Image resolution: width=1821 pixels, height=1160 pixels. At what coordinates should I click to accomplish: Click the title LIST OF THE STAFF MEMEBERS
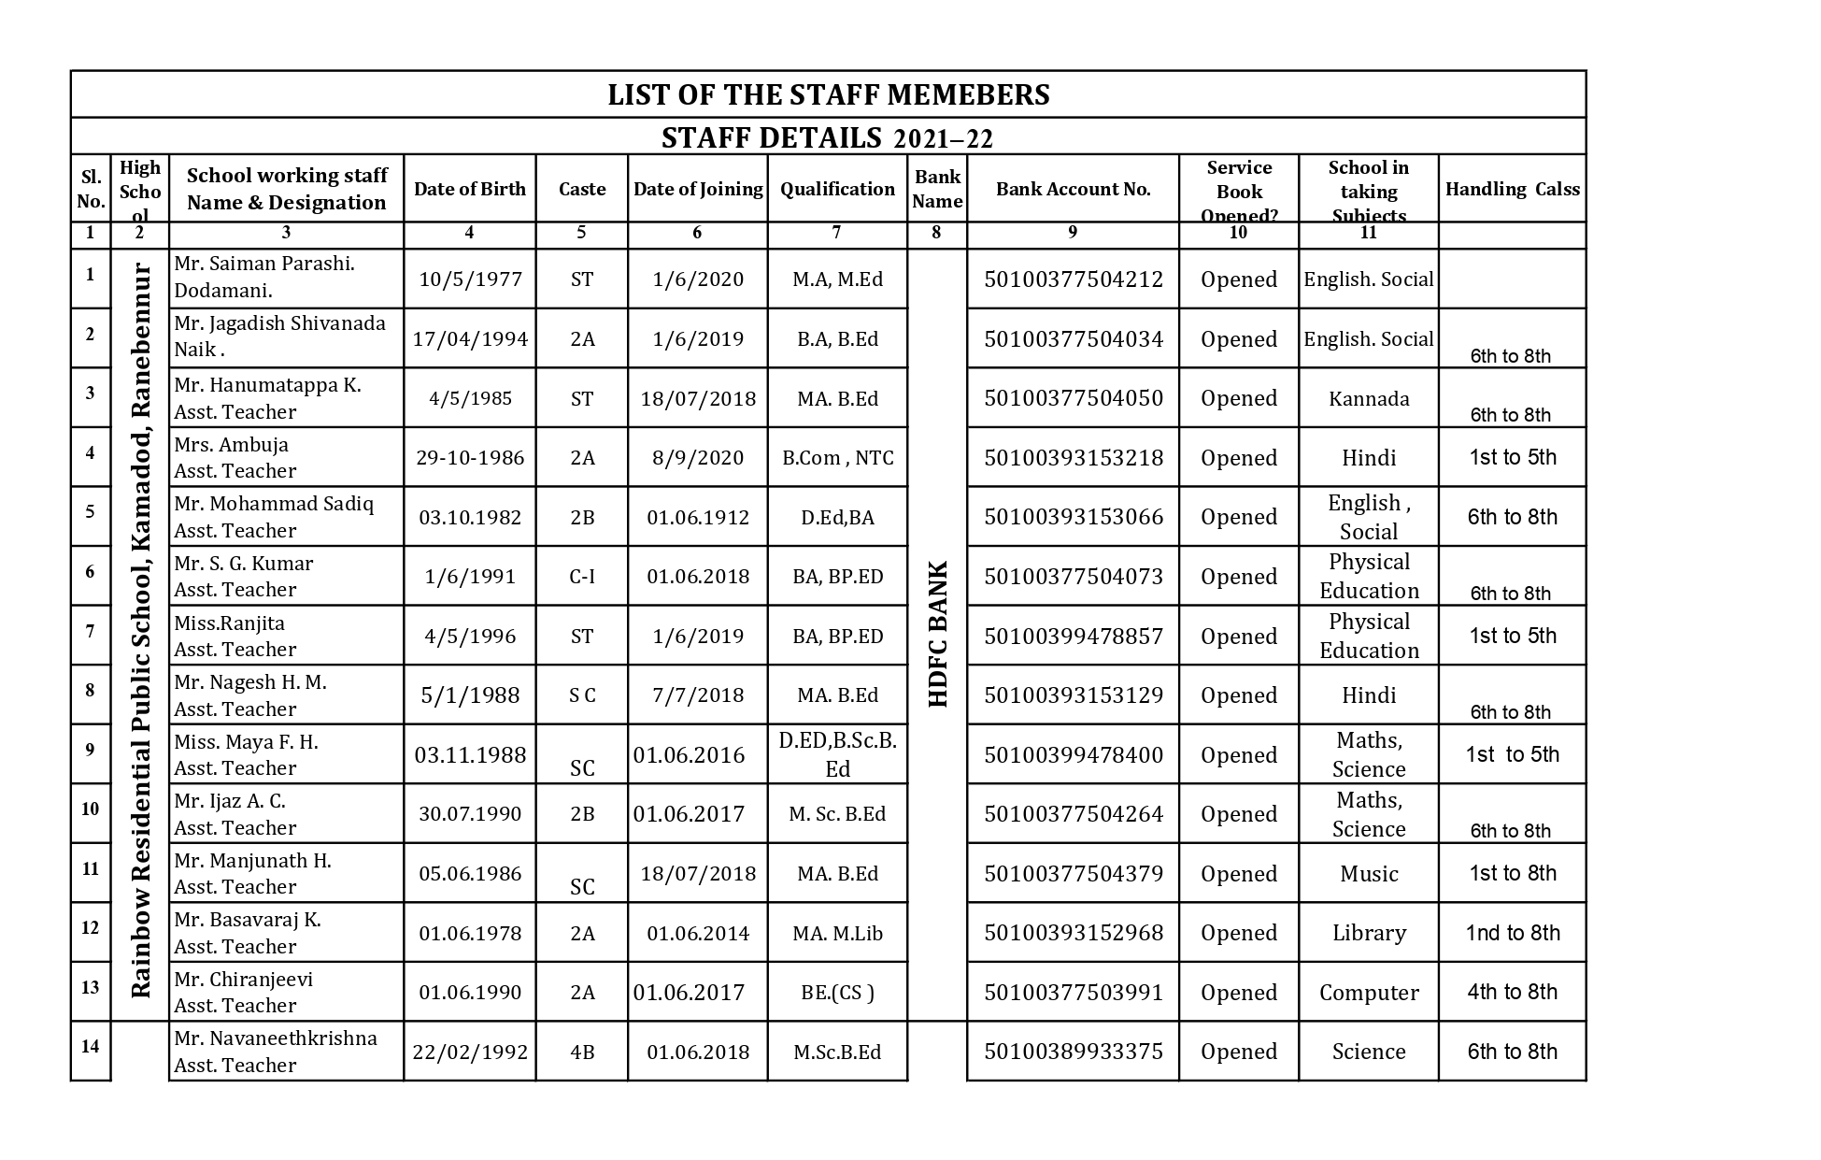tap(828, 94)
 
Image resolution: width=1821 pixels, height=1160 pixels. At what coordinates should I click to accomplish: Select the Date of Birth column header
tap(469, 189)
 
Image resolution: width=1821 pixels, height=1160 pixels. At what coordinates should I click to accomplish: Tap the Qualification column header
tap(837, 189)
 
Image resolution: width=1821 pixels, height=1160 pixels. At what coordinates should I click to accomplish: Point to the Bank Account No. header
tap(1073, 189)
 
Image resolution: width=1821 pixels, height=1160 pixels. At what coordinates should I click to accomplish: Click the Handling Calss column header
tap(1512, 189)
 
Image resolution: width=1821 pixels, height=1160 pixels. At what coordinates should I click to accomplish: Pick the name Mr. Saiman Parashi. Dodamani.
tap(264, 277)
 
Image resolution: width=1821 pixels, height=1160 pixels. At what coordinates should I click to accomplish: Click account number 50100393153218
tap(1074, 458)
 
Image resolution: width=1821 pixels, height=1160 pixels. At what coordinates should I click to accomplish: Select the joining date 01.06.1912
tap(698, 517)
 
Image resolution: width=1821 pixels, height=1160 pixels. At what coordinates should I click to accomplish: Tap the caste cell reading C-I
tap(581, 577)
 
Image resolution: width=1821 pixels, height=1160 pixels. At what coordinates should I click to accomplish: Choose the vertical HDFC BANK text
tap(938, 634)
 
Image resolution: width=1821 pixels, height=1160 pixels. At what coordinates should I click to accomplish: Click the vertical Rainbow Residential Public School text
tap(140, 631)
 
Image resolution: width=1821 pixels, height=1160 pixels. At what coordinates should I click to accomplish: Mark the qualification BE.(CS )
tap(837, 993)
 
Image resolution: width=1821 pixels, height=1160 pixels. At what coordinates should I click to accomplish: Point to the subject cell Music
tap(1369, 874)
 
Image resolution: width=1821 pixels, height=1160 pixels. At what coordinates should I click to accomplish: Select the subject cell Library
tap(1369, 933)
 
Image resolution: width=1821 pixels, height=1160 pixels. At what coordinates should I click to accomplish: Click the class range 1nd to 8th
tap(1512, 933)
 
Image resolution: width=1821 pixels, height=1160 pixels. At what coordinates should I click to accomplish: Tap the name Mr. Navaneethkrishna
tap(276, 1038)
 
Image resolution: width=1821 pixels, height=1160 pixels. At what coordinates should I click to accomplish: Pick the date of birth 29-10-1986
tap(470, 458)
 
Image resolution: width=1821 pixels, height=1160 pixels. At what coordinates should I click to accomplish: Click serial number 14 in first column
tap(90, 1046)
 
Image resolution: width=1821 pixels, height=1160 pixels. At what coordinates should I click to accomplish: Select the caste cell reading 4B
tap(581, 1053)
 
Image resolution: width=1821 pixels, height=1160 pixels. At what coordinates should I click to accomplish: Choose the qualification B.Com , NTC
tap(837, 458)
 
